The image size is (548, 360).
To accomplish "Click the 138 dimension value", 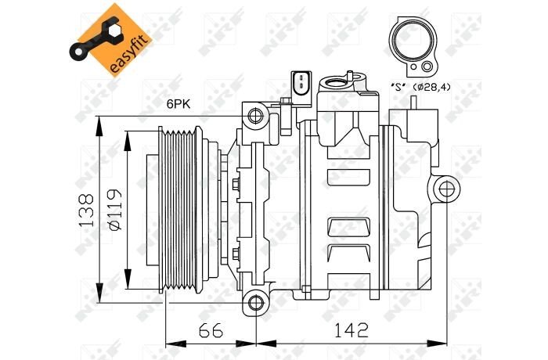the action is click(x=87, y=211).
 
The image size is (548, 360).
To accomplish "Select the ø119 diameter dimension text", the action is click(x=115, y=210).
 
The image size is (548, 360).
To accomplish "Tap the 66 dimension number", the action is click(x=211, y=330).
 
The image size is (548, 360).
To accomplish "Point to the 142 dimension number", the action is click(x=352, y=330).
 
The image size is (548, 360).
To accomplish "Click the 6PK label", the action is click(x=178, y=104).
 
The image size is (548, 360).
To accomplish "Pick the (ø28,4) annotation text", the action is click(x=431, y=87).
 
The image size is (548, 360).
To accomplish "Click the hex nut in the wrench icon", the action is click(x=114, y=31).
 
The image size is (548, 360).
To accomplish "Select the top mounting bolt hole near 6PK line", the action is click(x=254, y=115).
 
